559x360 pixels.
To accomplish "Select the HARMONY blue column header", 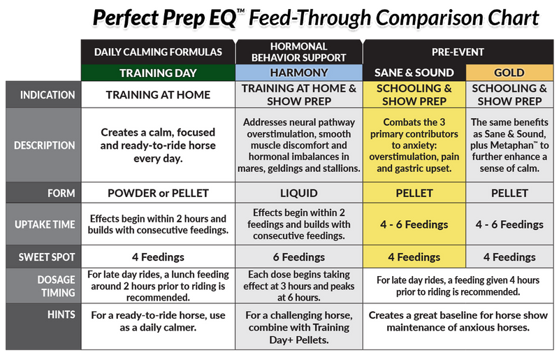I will (x=298, y=73).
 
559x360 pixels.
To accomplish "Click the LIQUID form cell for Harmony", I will (x=298, y=192).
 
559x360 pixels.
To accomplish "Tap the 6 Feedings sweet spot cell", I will (x=298, y=257).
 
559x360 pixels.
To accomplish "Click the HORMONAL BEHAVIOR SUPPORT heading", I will (x=298, y=51).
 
